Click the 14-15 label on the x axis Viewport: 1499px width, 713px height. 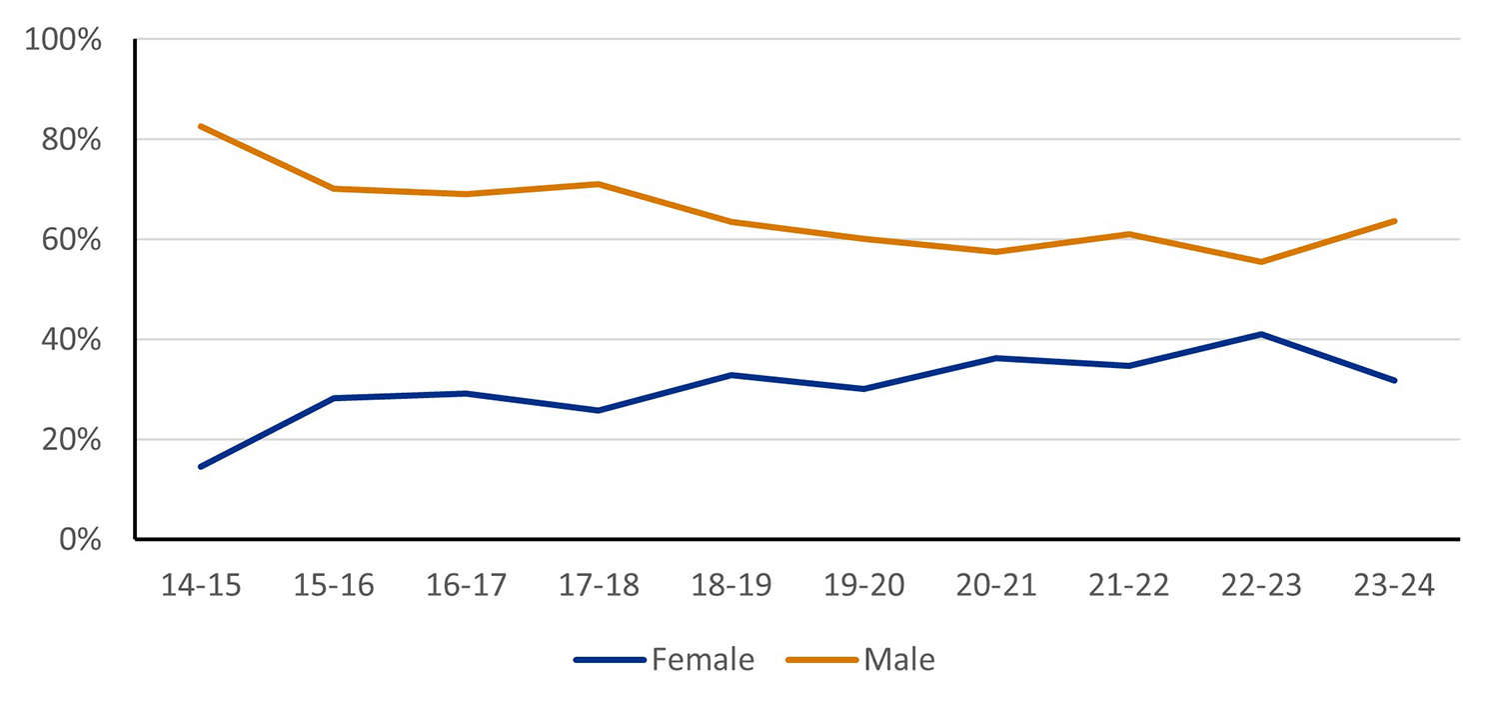tap(201, 585)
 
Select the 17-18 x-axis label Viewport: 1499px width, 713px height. tap(598, 585)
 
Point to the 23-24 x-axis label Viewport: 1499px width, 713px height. tap(1393, 585)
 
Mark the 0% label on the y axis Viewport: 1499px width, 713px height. tap(82, 540)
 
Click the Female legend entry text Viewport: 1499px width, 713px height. tap(703, 660)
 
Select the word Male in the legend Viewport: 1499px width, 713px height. tap(899, 660)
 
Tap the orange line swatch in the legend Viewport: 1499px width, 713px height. tap(822, 660)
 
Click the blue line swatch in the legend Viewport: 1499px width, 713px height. tap(610, 660)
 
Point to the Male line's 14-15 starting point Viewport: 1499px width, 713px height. tap(201, 126)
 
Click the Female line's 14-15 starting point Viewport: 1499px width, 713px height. tap(201, 466)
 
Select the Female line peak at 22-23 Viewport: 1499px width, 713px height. tap(1261, 334)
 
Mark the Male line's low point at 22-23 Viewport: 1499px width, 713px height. tap(1261, 262)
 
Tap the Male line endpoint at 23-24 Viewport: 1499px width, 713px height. tap(1394, 221)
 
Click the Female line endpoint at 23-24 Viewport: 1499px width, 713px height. tap(1394, 380)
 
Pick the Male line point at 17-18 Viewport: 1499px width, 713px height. tap(598, 184)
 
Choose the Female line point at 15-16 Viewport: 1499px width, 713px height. tap(333, 398)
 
